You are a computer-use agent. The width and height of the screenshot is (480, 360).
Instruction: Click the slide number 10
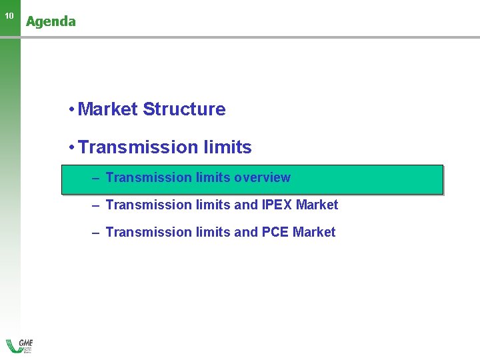(x=9, y=15)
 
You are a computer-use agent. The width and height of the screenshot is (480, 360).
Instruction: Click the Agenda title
(x=51, y=21)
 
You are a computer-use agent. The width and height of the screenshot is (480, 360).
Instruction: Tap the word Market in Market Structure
(x=107, y=109)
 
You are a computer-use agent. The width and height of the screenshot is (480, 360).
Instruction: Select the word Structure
(x=184, y=109)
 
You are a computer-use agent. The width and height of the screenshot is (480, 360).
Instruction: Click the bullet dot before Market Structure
(x=70, y=110)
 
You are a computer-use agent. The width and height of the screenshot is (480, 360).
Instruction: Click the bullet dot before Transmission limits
(x=70, y=148)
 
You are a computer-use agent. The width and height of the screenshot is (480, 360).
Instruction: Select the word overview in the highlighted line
(x=262, y=178)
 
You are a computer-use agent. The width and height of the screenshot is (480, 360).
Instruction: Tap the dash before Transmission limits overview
(x=96, y=178)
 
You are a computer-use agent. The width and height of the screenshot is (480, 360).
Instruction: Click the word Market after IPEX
(x=317, y=205)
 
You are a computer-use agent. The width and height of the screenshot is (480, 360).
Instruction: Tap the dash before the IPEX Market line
(x=96, y=205)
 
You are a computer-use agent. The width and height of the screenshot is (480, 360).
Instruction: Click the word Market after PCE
(x=315, y=233)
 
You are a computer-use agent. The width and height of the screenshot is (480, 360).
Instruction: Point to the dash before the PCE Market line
(x=96, y=233)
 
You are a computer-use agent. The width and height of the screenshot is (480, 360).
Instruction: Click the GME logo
(x=20, y=346)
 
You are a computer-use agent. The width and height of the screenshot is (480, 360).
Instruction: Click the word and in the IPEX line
(x=246, y=205)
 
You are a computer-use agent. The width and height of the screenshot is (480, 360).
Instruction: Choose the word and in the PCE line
(x=246, y=233)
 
